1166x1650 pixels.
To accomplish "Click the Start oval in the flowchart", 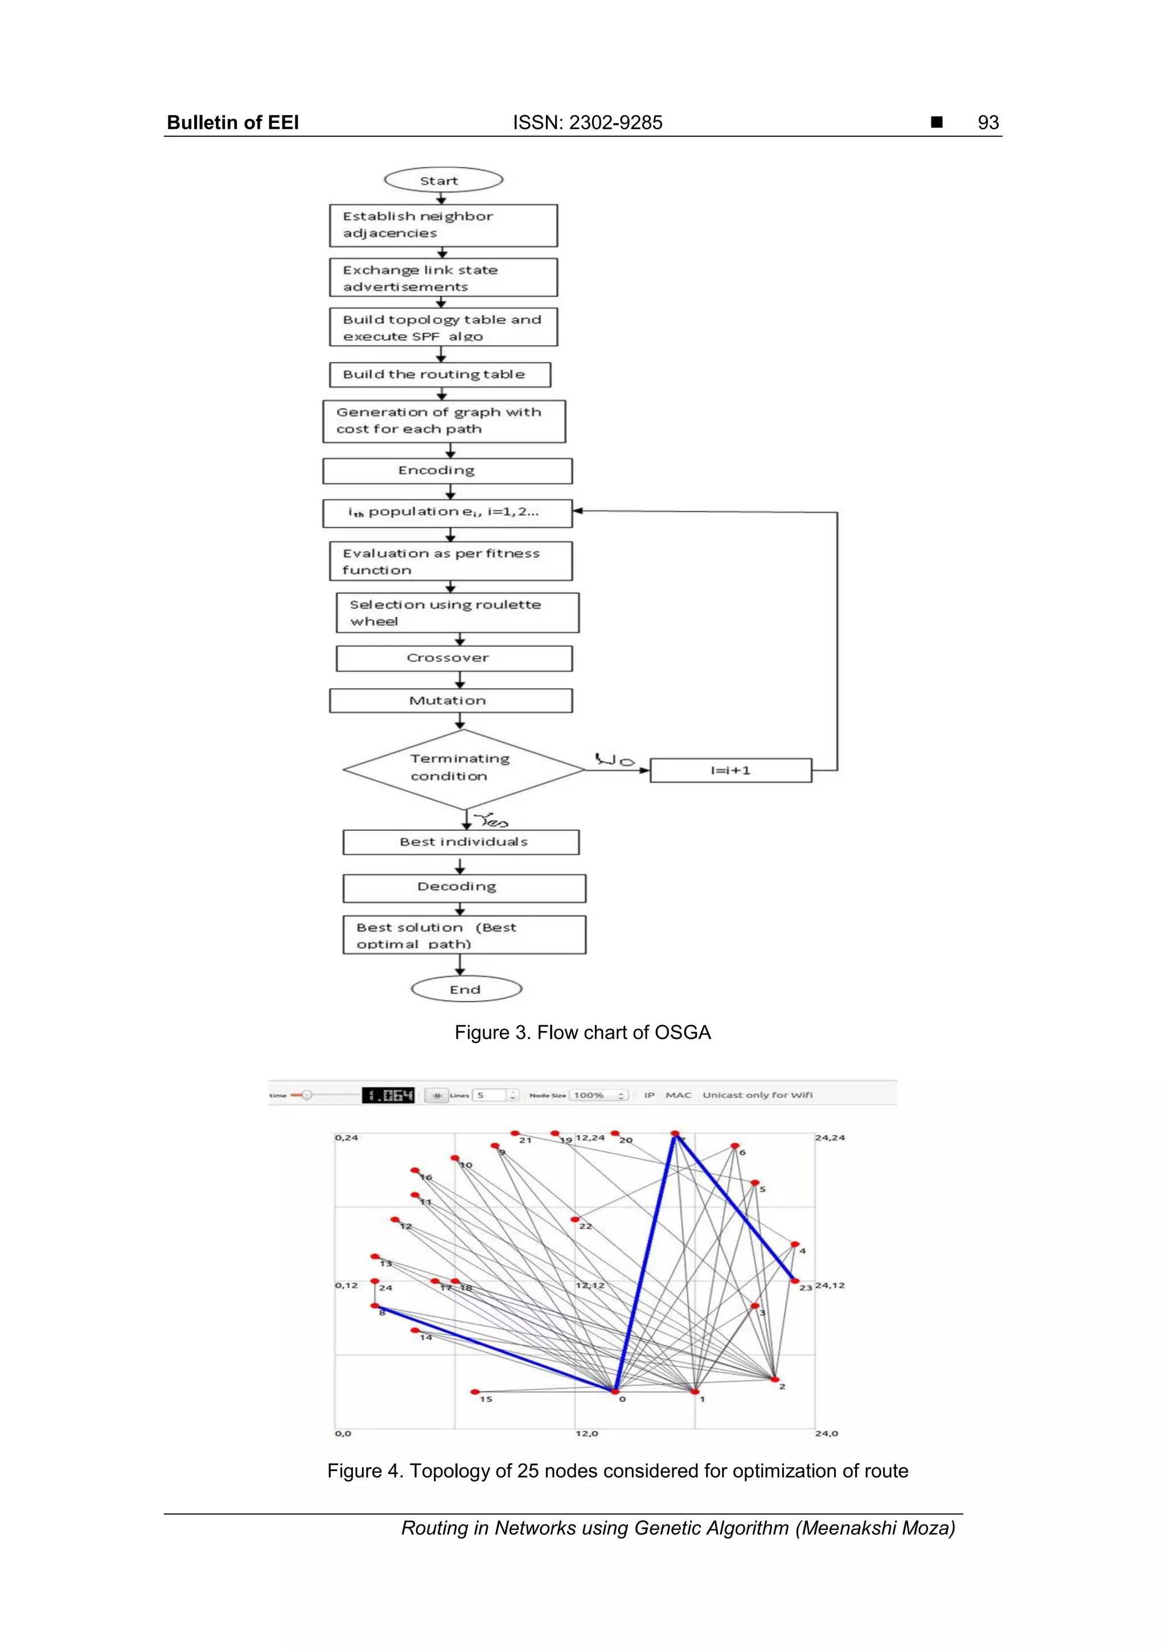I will (x=444, y=179).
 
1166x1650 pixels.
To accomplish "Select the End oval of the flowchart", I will (x=466, y=989).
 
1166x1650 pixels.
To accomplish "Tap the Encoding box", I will (x=447, y=470).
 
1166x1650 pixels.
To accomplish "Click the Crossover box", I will (x=454, y=658).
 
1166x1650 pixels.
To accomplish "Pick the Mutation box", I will (x=450, y=701).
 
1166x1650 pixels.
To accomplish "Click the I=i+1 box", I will (x=730, y=771).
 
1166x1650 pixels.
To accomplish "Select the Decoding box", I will (x=464, y=887).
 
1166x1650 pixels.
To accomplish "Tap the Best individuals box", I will (x=461, y=842).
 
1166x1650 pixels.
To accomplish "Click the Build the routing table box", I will (x=440, y=374).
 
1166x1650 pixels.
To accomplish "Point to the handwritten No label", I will (x=614, y=760).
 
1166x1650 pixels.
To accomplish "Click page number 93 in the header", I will (x=988, y=123).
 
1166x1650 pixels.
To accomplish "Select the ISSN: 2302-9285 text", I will (x=587, y=123).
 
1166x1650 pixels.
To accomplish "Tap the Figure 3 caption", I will (x=582, y=1033).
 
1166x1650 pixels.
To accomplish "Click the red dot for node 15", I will (x=475, y=1392).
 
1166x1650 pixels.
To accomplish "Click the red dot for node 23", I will (x=795, y=1280).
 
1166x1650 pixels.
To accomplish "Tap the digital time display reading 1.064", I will (x=388, y=1095).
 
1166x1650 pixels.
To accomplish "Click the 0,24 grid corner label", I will (x=346, y=1137).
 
